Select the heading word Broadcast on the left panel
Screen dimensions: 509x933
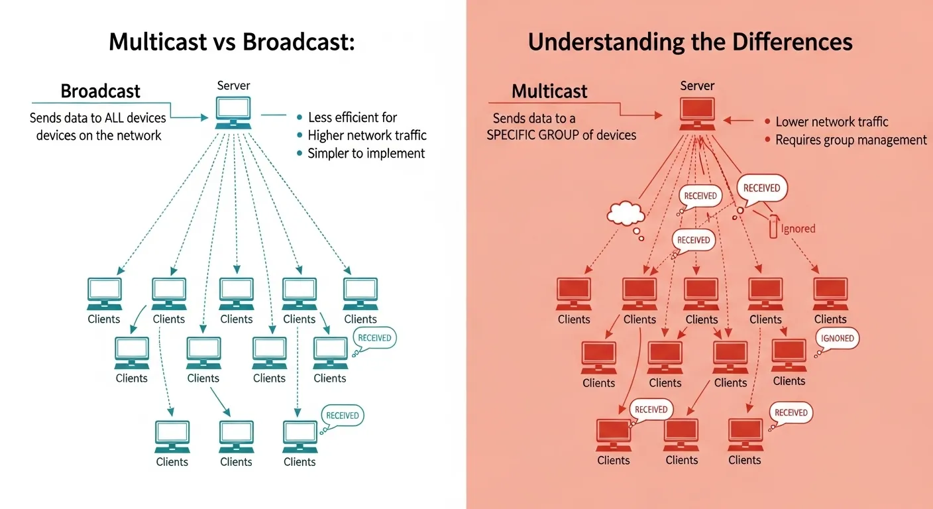click(101, 91)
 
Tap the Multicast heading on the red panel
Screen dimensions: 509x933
click(549, 91)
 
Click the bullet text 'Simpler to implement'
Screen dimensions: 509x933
click(366, 153)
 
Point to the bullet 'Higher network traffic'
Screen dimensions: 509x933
click(367, 135)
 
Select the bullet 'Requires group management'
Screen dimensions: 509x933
click(851, 140)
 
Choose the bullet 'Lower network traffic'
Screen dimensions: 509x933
click(832, 122)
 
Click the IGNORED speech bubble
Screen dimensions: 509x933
click(838, 338)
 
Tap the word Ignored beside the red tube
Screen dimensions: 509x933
click(798, 229)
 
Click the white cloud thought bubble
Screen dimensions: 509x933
click(626, 213)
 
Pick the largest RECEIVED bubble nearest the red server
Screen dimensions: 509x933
click(761, 188)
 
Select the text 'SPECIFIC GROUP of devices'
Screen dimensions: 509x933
click(561, 135)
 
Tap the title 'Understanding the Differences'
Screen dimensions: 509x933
click(690, 42)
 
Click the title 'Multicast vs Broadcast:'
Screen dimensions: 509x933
click(232, 42)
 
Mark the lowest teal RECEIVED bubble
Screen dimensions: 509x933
click(342, 416)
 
